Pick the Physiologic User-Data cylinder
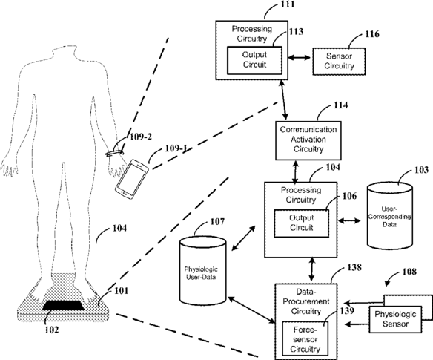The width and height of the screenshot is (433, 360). coord(202,270)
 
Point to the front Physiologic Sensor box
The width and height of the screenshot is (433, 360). coord(395,319)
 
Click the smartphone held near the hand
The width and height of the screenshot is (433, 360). coord(132,179)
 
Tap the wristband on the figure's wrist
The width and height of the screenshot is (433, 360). coord(113,152)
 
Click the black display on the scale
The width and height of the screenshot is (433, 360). coord(64,305)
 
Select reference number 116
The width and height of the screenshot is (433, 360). coord(372,34)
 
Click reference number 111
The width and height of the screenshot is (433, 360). coord(287,4)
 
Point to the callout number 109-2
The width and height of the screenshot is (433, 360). coord(141,137)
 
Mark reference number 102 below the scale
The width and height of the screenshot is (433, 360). coord(52,330)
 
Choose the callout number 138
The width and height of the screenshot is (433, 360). coord(354,267)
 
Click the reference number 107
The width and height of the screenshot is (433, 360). coord(217,221)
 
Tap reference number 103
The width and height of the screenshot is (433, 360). coord(421,170)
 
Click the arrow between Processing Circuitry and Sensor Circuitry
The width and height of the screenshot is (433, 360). coord(299,57)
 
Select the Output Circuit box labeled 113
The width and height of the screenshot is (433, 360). coord(254,60)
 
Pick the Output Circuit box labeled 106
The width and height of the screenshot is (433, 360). coord(301,223)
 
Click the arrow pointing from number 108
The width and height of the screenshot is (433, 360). coord(392,278)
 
